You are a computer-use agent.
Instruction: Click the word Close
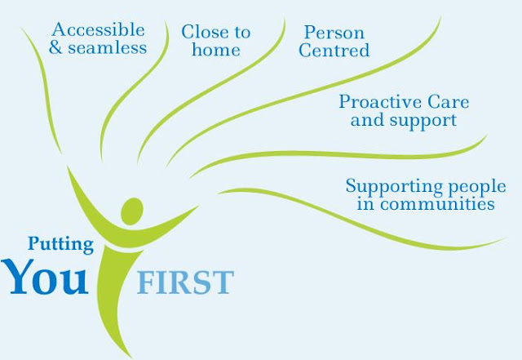pyautogui.click(x=204, y=33)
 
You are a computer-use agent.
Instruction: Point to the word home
pyautogui.click(x=216, y=50)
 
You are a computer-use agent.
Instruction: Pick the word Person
pyautogui.click(x=334, y=33)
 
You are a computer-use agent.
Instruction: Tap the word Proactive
pyautogui.click(x=381, y=102)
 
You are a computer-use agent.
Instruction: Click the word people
pyautogui.click(x=469, y=186)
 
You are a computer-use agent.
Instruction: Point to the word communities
pyautogui.click(x=437, y=203)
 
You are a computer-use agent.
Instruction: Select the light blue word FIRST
pyautogui.click(x=184, y=282)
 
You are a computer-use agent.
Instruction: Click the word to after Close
pyautogui.click(x=241, y=33)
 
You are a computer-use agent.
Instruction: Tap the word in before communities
pyautogui.click(x=365, y=203)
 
